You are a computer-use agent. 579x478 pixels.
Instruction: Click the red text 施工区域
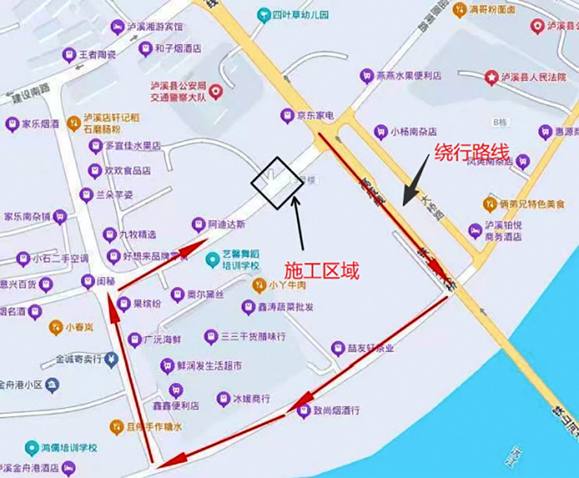[321, 270]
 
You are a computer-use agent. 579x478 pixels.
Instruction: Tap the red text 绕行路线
[471, 152]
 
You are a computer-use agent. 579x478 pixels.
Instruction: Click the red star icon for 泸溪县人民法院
[492, 77]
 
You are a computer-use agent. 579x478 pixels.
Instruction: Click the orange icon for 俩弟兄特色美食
[490, 204]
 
